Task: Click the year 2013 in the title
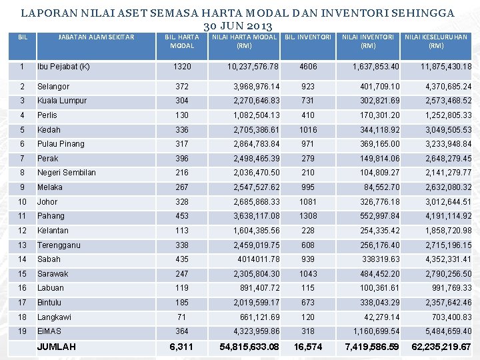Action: pos(256,26)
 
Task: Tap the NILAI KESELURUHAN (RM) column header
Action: pos(436,41)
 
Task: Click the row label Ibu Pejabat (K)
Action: pos(63,67)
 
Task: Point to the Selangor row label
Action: pos(53,87)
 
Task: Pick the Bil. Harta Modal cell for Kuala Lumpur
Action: pos(182,101)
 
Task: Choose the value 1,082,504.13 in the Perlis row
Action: pos(256,115)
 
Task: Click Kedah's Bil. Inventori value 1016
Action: pos(308,130)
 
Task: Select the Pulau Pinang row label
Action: pos(61,144)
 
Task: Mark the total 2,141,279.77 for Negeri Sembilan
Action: pos(448,173)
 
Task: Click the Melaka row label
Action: pos(50,187)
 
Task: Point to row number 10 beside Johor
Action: pos(23,201)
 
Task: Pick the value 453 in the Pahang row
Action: pos(182,216)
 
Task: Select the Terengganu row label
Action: pos(59,245)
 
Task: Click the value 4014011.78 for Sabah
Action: pos(259,259)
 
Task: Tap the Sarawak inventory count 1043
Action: pos(308,274)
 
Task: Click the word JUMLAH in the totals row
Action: pos(57,347)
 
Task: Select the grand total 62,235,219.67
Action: pos(441,347)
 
